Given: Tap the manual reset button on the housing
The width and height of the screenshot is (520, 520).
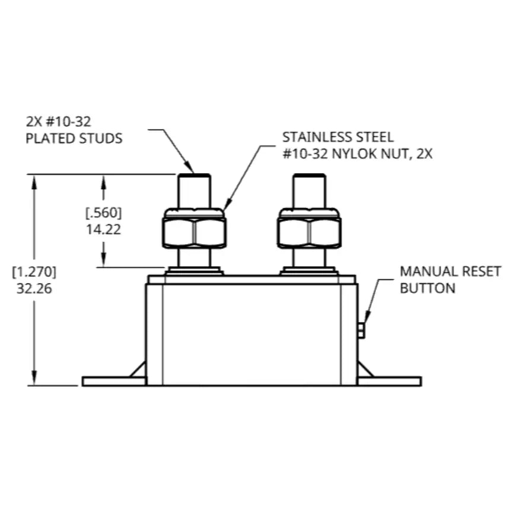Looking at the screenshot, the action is (x=361, y=331).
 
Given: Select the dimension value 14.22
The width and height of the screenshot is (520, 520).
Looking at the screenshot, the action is (x=104, y=229).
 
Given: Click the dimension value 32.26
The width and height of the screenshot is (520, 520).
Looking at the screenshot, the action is (x=34, y=289).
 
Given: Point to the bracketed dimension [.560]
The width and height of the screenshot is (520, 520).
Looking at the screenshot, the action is (x=104, y=213).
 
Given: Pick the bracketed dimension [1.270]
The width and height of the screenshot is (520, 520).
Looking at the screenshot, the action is (x=34, y=272).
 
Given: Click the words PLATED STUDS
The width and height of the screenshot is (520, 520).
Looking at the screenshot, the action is (x=74, y=138).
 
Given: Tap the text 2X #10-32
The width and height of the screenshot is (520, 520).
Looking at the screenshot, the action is (x=58, y=122).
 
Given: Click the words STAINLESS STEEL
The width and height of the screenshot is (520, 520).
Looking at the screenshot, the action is (x=338, y=137).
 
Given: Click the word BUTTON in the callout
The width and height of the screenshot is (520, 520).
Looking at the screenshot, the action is (x=428, y=288).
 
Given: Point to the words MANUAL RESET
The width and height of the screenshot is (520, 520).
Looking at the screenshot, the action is (x=451, y=272).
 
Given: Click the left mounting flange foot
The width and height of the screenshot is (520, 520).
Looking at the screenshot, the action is (x=114, y=381).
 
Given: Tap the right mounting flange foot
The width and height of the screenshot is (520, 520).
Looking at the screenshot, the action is (x=390, y=381).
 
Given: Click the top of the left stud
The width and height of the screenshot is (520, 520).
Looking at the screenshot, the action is (x=194, y=175).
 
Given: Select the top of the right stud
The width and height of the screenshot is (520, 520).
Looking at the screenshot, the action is (x=309, y=175).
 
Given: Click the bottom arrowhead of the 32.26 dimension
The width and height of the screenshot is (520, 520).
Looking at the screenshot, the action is (x=34, y=378).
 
